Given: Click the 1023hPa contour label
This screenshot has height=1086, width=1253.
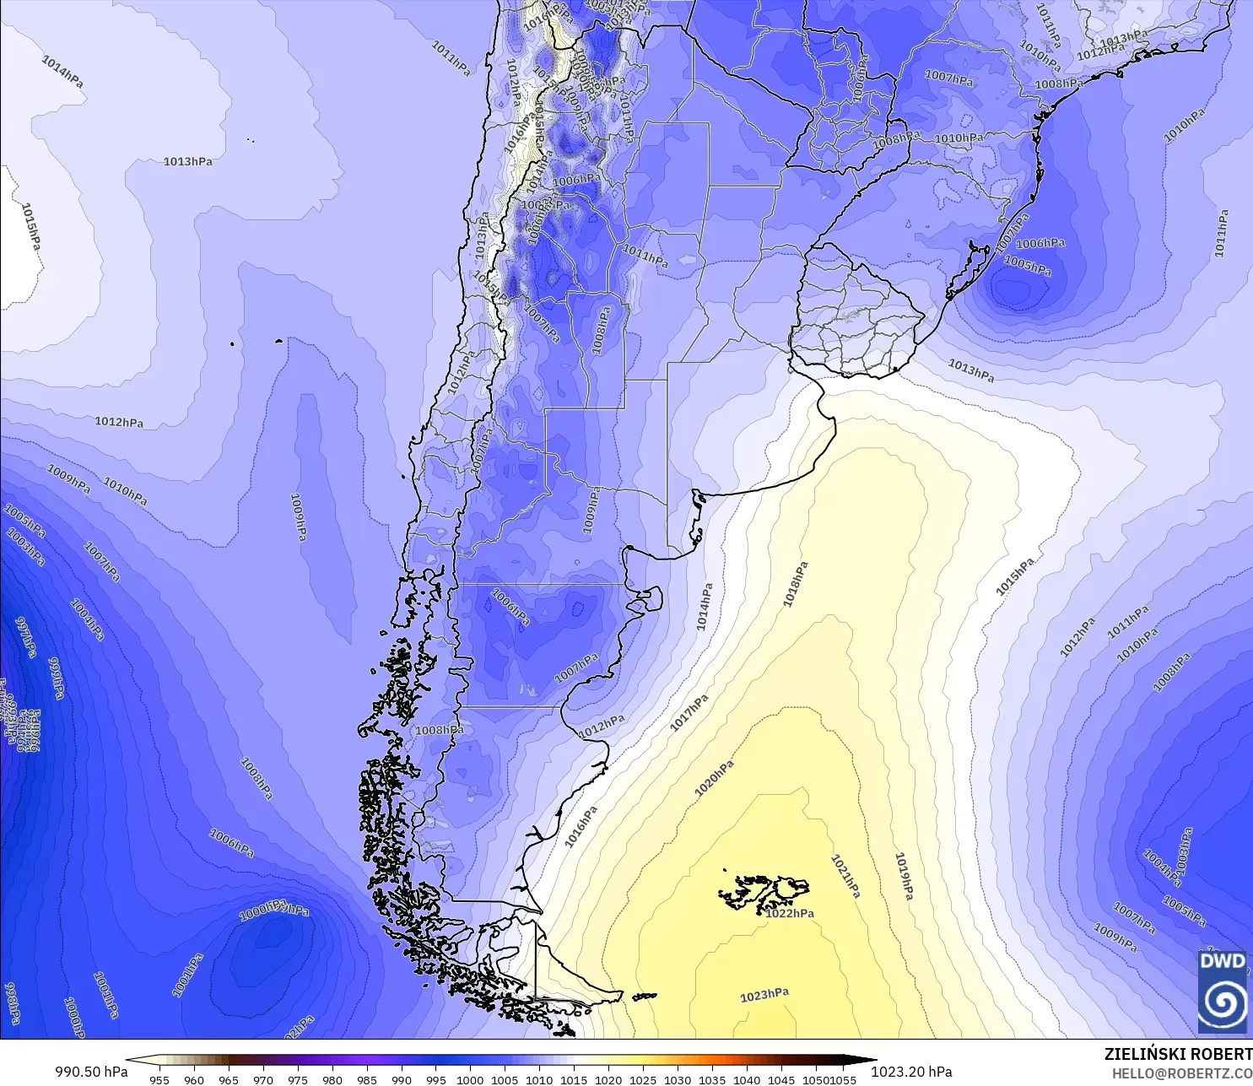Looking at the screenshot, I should click(764, 996).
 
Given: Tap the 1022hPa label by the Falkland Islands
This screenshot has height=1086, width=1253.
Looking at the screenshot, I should click(790, 914).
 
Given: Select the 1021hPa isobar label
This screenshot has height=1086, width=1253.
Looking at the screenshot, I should click(845, 877).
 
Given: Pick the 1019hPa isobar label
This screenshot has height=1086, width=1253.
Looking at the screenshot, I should click(904, 876).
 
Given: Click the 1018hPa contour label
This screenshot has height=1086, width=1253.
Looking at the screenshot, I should click(795, 584).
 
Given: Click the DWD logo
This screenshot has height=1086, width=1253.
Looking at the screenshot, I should click(1222, 991).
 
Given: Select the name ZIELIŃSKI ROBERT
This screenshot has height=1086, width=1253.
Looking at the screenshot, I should click(1178, 1054).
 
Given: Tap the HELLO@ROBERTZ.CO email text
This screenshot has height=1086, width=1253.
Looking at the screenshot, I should click(1181, 1073).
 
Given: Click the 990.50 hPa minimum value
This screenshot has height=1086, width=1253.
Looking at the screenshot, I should click(91, 1072).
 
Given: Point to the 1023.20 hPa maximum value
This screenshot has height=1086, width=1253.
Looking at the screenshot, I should click(911, 1072).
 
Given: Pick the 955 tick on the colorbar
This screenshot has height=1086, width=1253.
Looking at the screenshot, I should click(159, 1079).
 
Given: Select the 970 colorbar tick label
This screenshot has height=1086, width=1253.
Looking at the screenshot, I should click(263, 1079).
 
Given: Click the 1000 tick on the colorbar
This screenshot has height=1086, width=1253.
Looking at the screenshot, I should click(470, 1079).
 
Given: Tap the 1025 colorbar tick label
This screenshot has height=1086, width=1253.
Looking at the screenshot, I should click(643, 1079).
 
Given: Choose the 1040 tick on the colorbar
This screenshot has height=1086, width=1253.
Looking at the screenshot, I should click(747, 1079).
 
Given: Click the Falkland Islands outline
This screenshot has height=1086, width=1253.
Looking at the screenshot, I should click(764, 891).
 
